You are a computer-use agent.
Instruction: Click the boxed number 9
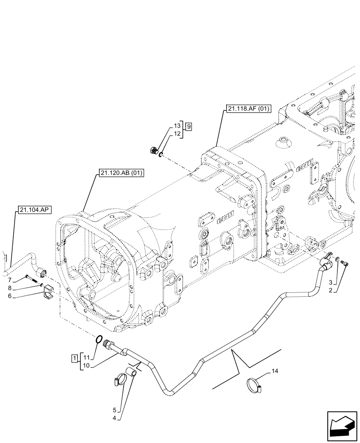point(189,127)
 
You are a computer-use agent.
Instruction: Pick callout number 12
point(177,133)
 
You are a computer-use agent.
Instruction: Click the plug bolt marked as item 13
point(154,151)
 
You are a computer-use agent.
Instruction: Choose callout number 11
point(86,357)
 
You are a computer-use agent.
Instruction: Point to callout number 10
point(86,365)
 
